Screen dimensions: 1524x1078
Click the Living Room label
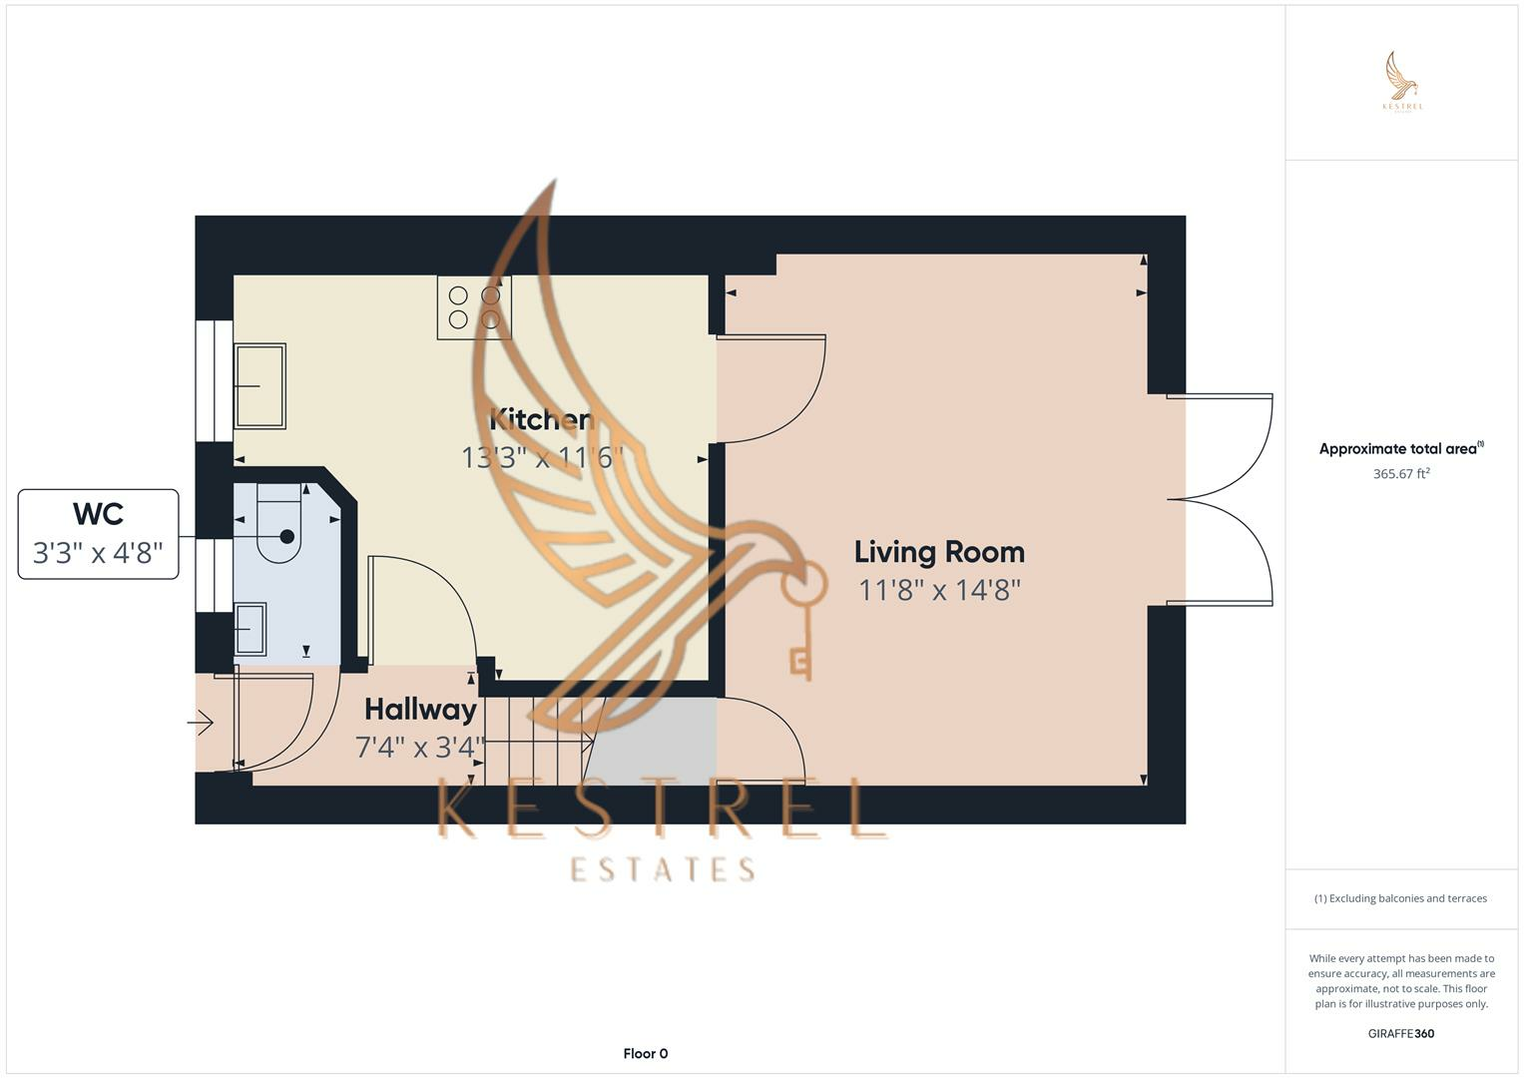point(939,552)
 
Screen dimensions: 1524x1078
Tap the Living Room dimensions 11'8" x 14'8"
point(939,590)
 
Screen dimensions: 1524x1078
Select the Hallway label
point(420,710)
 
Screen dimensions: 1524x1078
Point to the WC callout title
point(99,514)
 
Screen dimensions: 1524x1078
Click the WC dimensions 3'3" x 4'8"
point(99,553)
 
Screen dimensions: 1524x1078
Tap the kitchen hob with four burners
point(474,307)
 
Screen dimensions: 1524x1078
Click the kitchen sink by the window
point(259,386)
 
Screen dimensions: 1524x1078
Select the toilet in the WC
point(279,523)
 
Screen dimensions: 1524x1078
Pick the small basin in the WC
point(251,629)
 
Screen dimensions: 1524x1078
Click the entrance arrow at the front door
point(202,722)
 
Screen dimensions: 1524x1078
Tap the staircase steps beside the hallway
point(538,741)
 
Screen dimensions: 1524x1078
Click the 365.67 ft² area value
point(1401,474)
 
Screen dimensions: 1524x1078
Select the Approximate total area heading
point(1401,448)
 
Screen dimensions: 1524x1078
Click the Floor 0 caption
point(646,1053)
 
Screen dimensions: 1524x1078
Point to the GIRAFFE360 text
point(1401,1033)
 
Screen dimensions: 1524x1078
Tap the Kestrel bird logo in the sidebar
point(1402,81)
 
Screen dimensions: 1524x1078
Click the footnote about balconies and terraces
point(1401,898)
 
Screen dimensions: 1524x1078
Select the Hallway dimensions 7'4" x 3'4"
point(420,748)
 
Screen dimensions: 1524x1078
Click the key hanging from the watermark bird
point(802,620)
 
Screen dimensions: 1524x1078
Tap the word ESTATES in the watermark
point(662,869)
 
